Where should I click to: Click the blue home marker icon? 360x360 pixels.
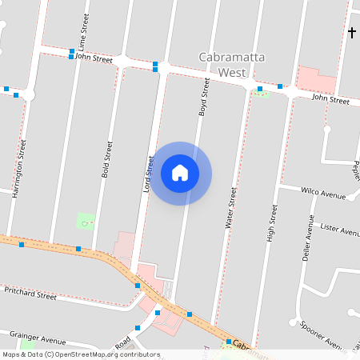click(180, 173)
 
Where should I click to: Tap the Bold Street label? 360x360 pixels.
click(106, 160)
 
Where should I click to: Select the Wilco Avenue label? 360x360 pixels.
click(322, 194)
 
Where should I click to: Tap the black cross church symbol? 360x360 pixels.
click(351, 32)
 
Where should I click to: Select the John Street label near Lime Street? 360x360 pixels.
click(94, 58)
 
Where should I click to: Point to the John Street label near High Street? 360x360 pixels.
click(330, 99)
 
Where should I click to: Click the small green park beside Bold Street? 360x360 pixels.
click(85, 221)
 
